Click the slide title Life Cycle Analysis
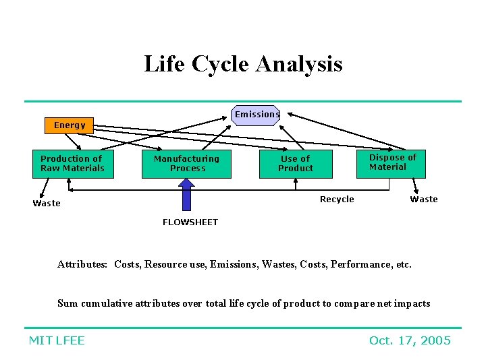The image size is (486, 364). tap(243, 64)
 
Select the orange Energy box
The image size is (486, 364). tap(70, 125)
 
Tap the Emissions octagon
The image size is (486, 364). tap(256, 115)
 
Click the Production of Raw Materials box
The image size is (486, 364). tap(73, 164)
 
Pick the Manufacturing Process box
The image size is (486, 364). tap(186, 164)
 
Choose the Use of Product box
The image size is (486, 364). tap(296, 164)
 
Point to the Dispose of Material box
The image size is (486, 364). tap(391, 163)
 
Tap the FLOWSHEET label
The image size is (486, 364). tap(190, 222)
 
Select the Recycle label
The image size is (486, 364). tap(337, 200)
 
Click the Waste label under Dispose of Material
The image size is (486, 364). tap(424, 200)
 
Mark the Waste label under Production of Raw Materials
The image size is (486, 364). tap(47, 204)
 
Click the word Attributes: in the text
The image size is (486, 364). tap(82, 264)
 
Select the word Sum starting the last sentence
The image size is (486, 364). tap(67, 303)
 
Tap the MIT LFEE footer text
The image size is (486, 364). tap(57, 340)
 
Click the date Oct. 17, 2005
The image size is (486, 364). tap(410, 340)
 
